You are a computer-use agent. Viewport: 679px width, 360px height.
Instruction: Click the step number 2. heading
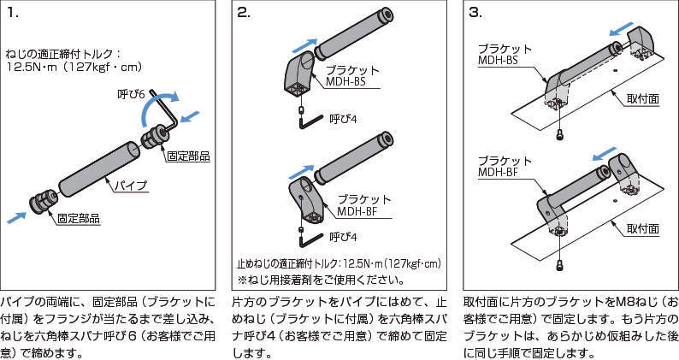click(244, 14)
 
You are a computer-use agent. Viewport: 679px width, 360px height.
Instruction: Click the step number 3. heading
click(475, 14)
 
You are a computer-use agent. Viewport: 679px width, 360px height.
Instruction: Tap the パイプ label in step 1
click(130, 185)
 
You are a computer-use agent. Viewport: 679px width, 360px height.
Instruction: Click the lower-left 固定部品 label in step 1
click(79, 219)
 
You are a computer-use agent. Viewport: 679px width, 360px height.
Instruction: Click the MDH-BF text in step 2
click(358, 211)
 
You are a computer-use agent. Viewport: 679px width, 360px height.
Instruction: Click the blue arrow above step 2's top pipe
click(304, 45)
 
